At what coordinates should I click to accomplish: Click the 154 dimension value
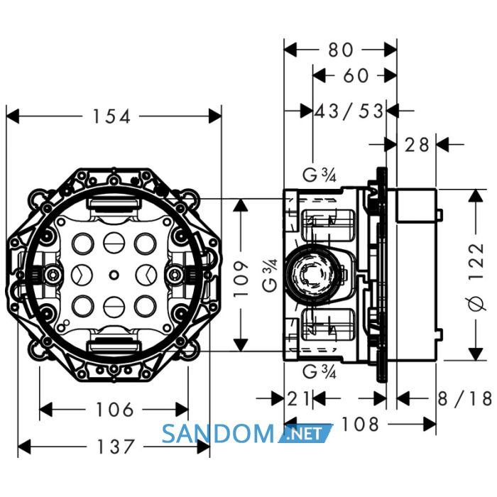[x=111, y=116]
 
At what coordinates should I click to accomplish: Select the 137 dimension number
[x=115, y=447]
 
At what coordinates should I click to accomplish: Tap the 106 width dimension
[x=115, y=410]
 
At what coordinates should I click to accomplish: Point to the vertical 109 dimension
[x=241, y=278]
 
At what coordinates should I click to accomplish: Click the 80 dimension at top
[x=340, y=50]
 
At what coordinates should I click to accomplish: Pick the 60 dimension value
[x=356, y=76]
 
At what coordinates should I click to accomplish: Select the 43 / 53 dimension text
[x=349, y=111]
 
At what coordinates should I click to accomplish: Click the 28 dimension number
[x=417, y=145]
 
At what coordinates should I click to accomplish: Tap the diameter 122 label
[x=476, y=277]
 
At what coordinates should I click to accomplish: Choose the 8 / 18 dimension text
[x=464, y=398]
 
